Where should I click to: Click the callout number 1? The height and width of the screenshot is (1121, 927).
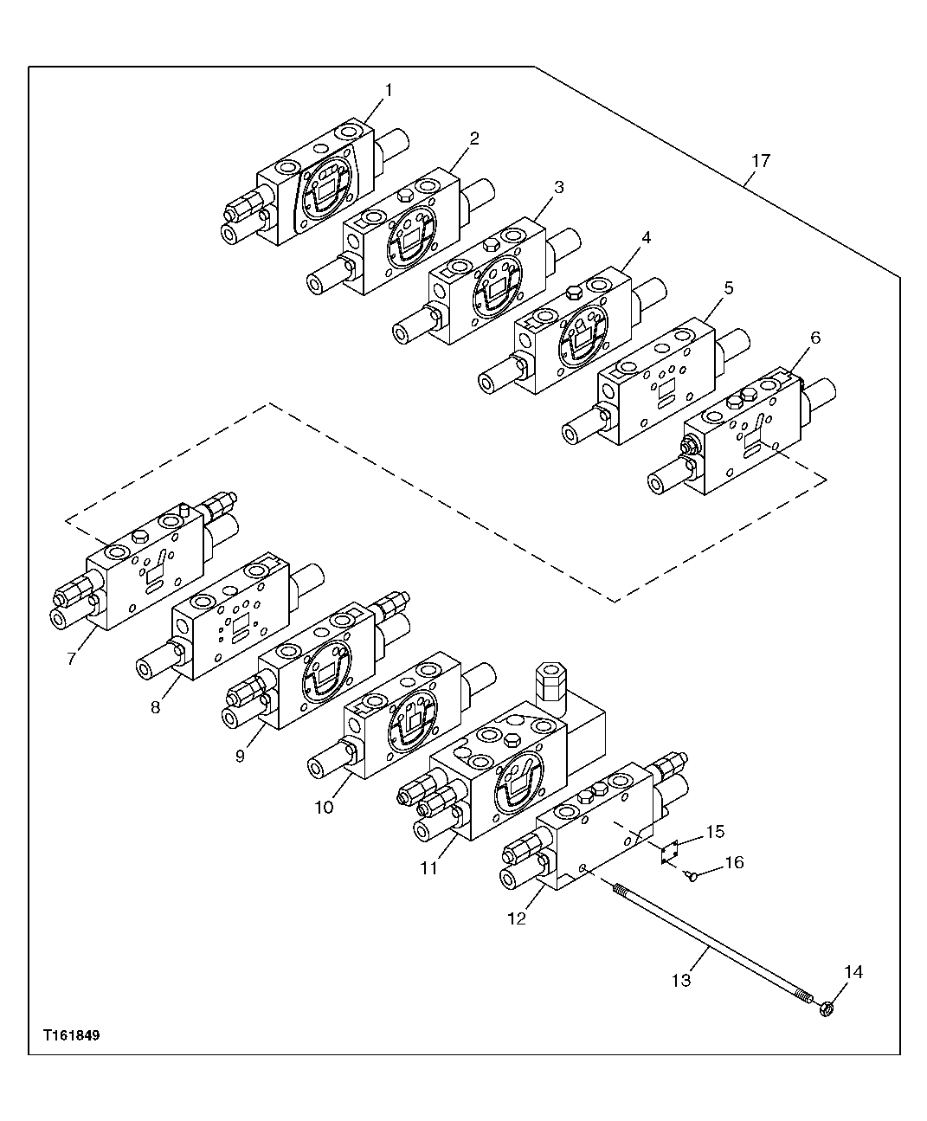click(389, 90)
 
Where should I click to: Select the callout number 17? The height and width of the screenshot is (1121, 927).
click(760, 161)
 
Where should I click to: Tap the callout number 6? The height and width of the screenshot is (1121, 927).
click(814, 338)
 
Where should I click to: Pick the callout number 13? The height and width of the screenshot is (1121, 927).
click(681, 980)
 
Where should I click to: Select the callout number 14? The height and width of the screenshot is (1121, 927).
click(853, 972)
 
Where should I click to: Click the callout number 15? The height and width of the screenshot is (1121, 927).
click(714, 832)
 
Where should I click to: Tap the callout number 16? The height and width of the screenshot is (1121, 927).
click(733, 863)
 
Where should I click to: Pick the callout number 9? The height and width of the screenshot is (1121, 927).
click(240, 755)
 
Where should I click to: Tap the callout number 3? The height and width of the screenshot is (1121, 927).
click(559, 187)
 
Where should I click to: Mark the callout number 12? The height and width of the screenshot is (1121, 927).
click(517, 918)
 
